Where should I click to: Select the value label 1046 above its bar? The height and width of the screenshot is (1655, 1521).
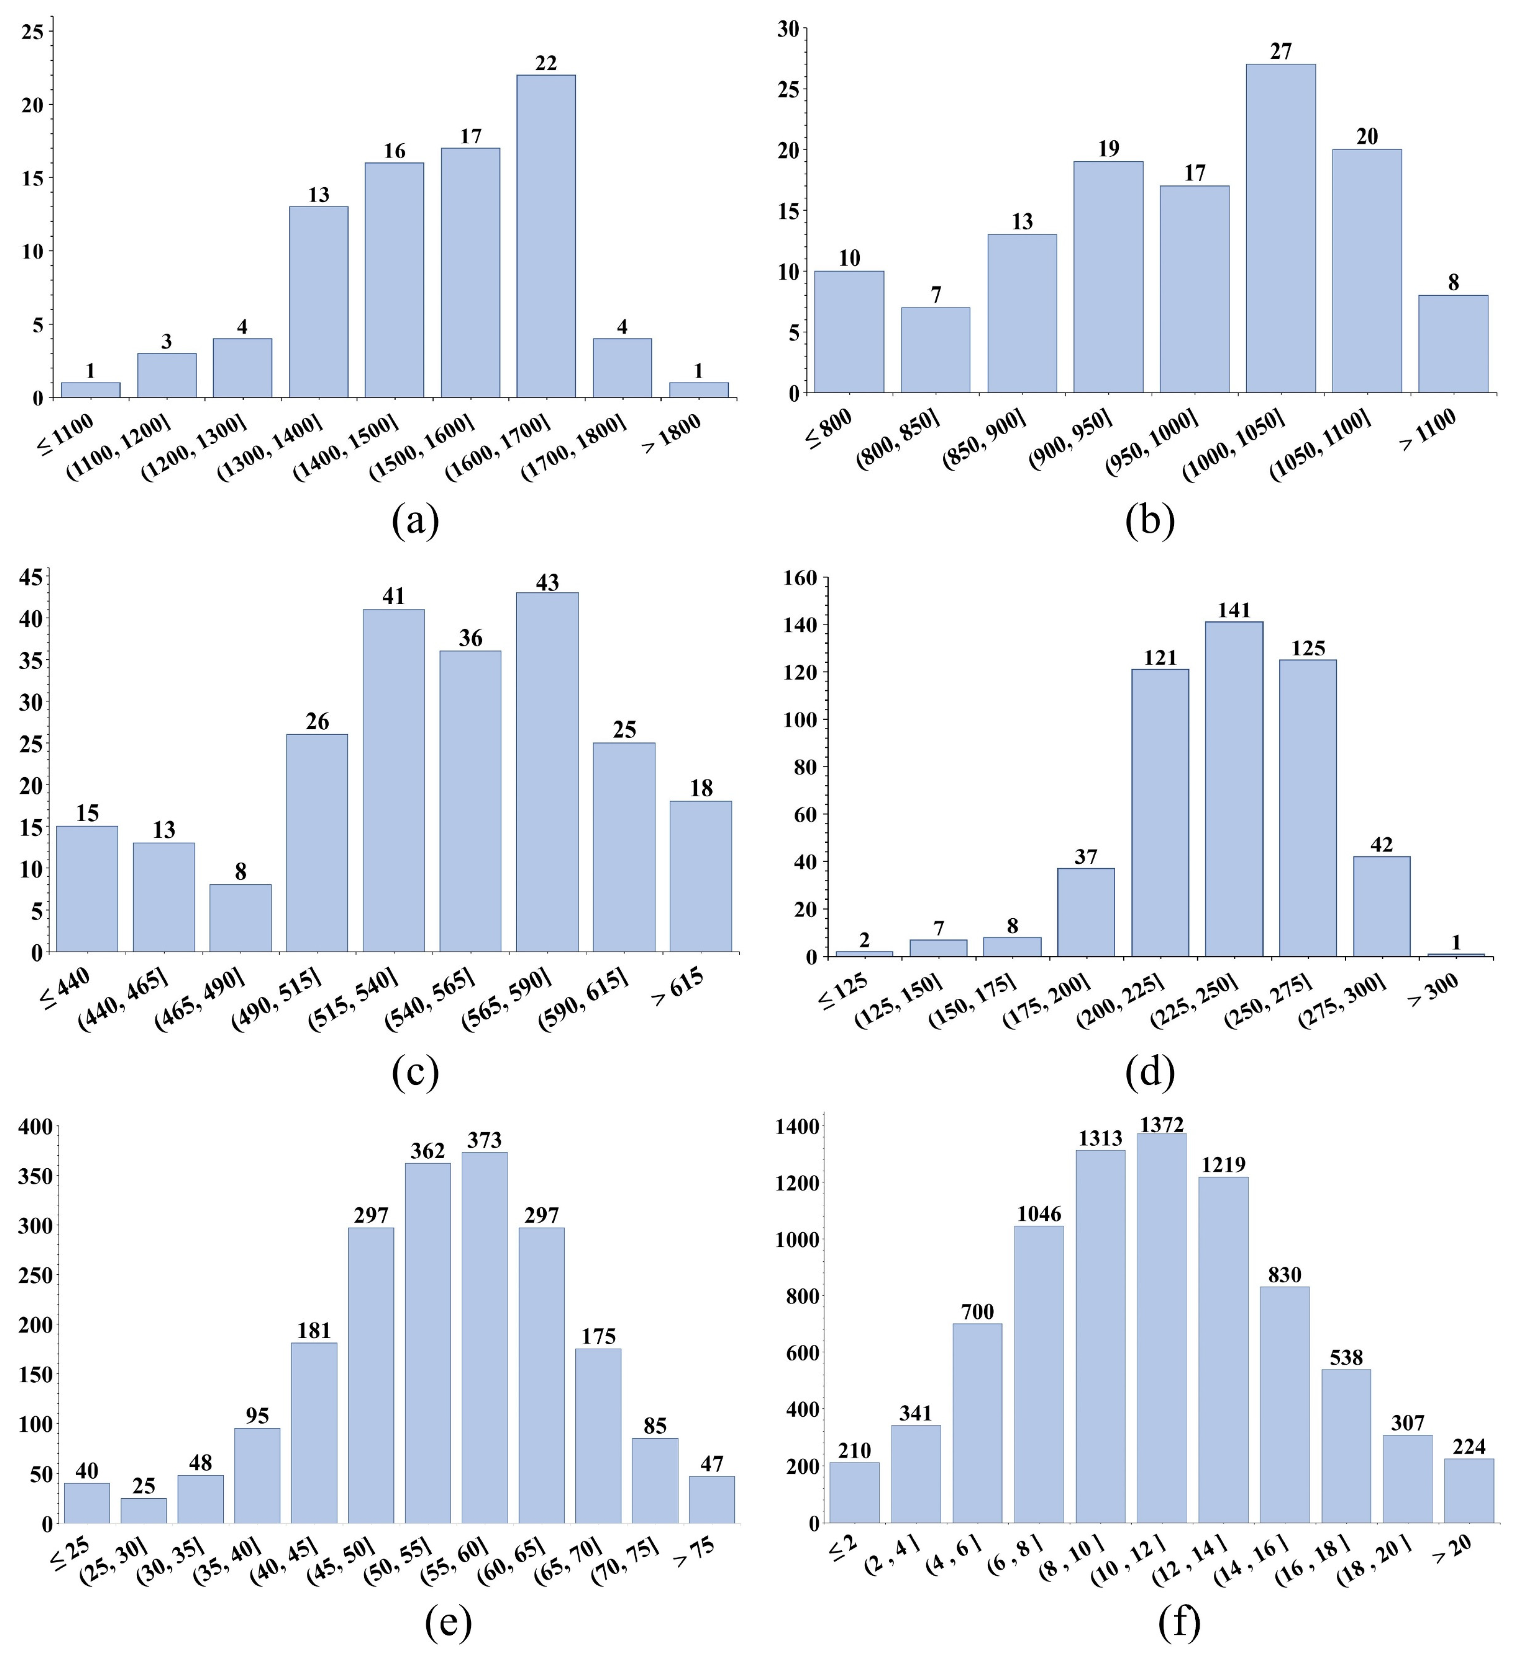[1039, 1214]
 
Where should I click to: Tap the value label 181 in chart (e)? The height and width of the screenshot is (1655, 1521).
[314, 1331]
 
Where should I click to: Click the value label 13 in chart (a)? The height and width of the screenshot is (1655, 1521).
[318, 195]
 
